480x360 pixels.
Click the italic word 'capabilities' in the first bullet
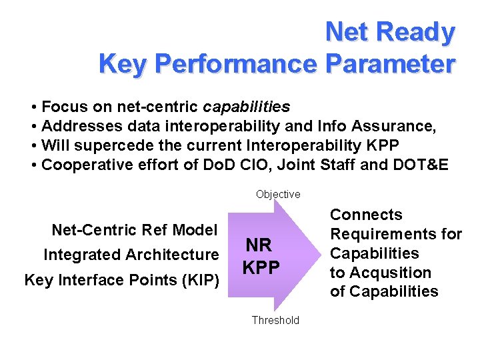point(247,107)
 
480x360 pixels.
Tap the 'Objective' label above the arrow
point(278,194)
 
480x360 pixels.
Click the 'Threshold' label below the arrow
point(275,320)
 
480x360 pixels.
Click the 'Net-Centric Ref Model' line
point(135,231)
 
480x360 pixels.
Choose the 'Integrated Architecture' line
point(131,255)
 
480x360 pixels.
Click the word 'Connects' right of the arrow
point(367,215)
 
